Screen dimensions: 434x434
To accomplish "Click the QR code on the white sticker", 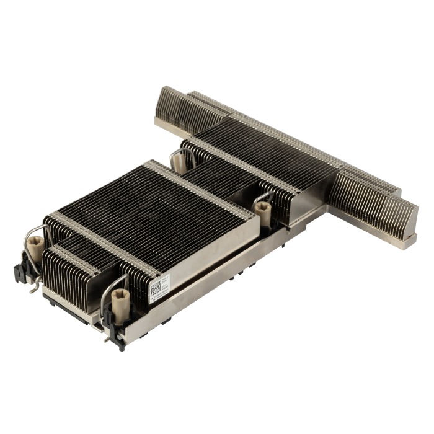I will click(x=155, y=288).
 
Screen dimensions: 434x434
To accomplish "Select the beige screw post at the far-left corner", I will click(x=35, y=249).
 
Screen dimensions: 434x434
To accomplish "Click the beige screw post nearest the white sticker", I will click(x=120, y=298).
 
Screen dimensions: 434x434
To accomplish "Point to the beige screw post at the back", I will click(x=179, y=162).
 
